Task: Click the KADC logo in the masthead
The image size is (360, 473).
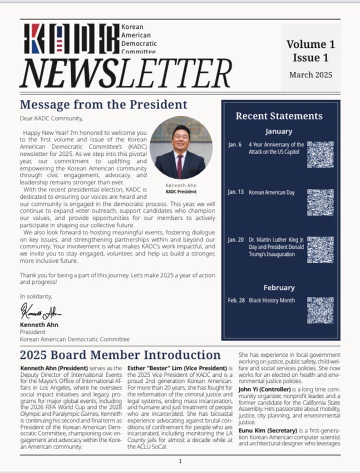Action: coord(70,38)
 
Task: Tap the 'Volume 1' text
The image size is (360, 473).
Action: coord(310,44)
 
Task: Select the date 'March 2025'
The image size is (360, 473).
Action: coord(310,74)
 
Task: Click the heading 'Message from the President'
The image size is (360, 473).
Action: coord(103,105)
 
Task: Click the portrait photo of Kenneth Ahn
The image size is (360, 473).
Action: coord(180,147)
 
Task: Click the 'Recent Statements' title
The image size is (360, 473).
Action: coord(279,116)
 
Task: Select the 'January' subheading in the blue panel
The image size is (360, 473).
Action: coord(279,131)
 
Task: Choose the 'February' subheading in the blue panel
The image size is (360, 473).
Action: coord(279,288)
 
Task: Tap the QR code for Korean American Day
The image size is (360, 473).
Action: coord(320,202)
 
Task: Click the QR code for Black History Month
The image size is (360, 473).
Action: coord(320,310)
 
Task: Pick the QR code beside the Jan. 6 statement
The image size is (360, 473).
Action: coord(320,154)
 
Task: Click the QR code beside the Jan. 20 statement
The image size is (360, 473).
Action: coord(320,250)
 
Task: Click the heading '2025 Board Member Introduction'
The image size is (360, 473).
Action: coord(120,355)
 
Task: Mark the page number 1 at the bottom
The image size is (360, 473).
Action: coord(180,461)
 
